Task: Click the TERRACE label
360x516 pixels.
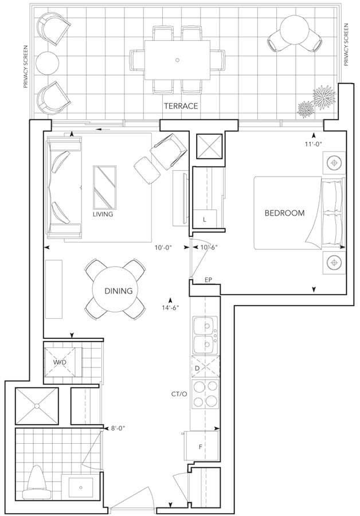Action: point(181,106)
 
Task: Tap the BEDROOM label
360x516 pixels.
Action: point(285,213)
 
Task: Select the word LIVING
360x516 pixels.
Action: point(103,214)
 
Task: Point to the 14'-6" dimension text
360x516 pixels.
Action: point(171,308)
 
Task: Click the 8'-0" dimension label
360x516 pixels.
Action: point(118,428)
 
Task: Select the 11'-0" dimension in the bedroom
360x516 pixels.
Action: point(313,144)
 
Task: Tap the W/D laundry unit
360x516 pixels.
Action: point(62,362)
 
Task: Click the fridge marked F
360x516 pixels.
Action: point(201,447)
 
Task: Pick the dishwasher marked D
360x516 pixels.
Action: point(205,368)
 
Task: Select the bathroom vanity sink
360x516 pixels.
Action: point(81,487)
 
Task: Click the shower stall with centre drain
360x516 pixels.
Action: point(37,406)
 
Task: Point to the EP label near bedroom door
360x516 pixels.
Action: point(208,280)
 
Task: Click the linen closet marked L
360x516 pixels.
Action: point(205,219)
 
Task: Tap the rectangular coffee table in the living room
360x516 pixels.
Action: point(105,187)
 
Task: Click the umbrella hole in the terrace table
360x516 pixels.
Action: point(177,60)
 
